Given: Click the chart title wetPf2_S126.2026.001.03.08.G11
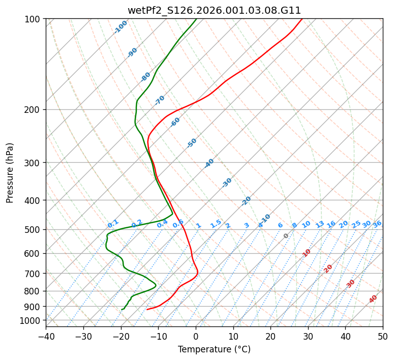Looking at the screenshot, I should tap(214, 10).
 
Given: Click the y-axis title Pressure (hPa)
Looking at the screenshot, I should tap(10, 172).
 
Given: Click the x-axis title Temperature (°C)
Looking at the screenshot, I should tap(214, 349).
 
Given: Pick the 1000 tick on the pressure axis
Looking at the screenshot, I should tap(32, 320).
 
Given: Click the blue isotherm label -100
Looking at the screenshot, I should tap(120, 27).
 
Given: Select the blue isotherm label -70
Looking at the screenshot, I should tap(160, 100).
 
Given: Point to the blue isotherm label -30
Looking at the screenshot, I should tap(227, 183).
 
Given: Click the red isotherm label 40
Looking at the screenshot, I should tap(373, 299).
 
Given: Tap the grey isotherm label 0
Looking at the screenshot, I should tap(286, 236).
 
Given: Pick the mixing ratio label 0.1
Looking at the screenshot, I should tap(113, 223).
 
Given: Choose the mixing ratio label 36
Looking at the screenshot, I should tap(377, 224).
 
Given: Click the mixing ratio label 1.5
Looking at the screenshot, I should tap(216, 223).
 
